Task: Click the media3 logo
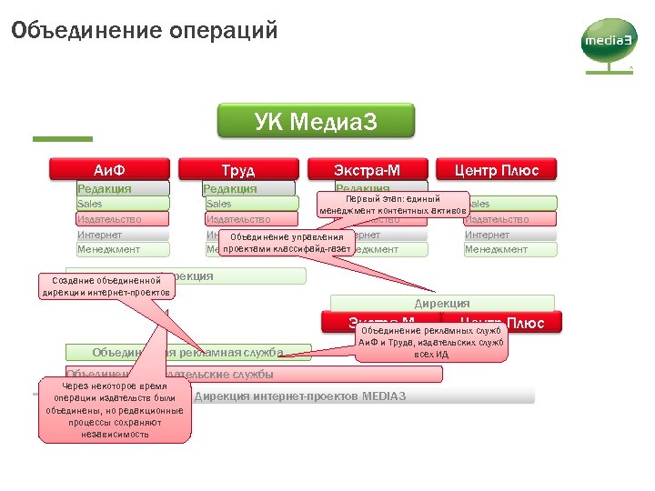click(607, 45)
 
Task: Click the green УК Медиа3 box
click(315, 122)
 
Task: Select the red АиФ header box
click(110, 170)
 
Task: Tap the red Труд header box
click(238, 170)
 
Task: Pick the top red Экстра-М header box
click(368, 170)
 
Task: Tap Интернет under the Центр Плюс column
click(509, 235)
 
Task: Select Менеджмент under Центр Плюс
click(509, 249)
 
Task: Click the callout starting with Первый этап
click(392, 205)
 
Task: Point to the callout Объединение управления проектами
click(287, 243)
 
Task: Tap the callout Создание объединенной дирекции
click(106, 286)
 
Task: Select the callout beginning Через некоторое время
click(115, 410)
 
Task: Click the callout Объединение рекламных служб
click(431, 342)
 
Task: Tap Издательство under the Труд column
click(238, 219)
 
